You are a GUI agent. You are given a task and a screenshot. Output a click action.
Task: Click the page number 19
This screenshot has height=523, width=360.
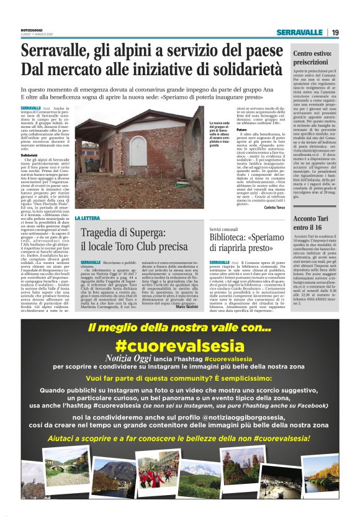335,32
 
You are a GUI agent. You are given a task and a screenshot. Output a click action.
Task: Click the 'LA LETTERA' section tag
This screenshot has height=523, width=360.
88,219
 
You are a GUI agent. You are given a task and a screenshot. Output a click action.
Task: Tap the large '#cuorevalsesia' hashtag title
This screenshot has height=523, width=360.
179,343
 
